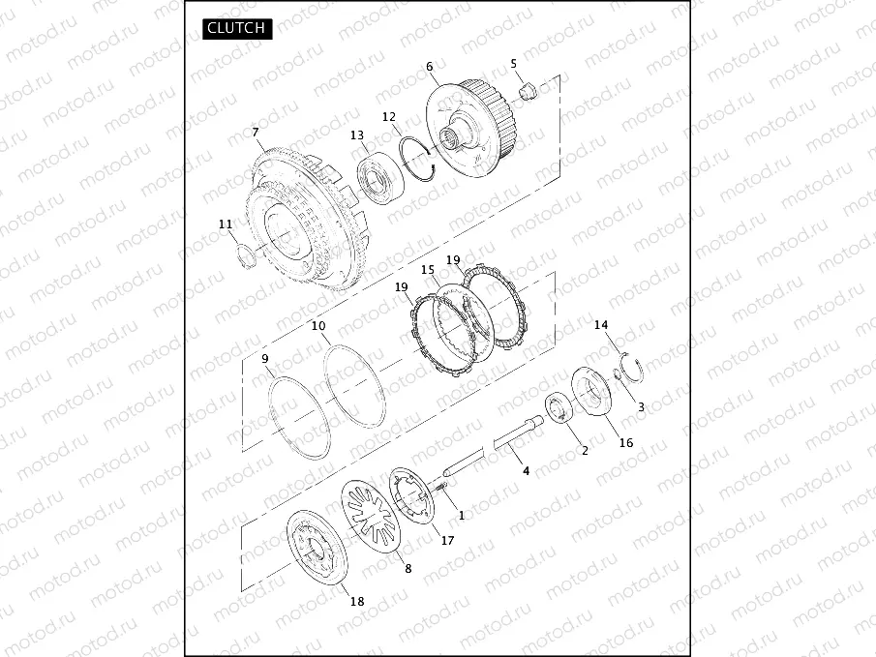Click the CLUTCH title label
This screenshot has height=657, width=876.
coord(237,28)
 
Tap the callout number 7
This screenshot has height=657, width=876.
coord(256,133)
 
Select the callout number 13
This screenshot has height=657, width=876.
coord(357,135)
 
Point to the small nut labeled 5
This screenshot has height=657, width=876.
coord(528,89)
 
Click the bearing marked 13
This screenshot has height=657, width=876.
coord(379,179)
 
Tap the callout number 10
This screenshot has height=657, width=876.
coord(318,326)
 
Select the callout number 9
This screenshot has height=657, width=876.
coord(265,359)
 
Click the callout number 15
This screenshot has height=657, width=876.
coord(428,270)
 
